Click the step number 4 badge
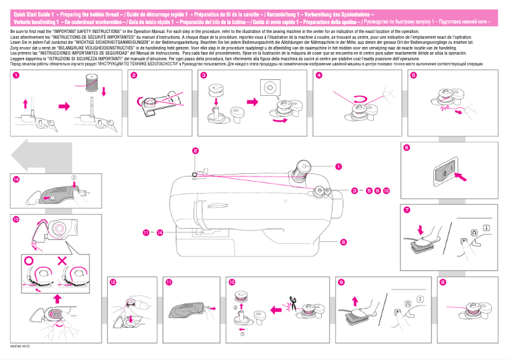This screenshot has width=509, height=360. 319,76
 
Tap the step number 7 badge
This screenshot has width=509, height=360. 406,210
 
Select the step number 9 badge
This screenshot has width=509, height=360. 341,281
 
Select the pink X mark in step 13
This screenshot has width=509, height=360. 62,260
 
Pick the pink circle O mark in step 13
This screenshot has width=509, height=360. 28,260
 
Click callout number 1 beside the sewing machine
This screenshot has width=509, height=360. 338,167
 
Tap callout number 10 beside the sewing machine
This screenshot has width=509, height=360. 386,190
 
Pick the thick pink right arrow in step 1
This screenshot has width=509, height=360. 63,103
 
